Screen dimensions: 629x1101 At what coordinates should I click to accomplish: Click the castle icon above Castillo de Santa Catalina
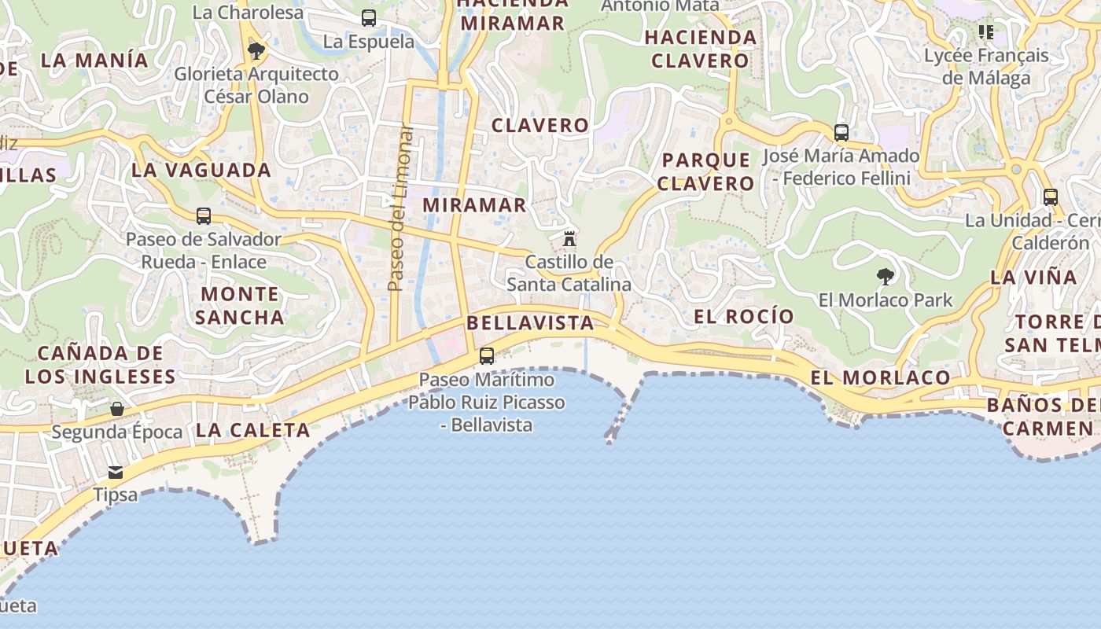tap(569, 238)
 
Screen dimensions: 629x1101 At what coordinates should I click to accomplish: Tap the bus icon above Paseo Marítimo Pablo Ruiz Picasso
tap(487, 356)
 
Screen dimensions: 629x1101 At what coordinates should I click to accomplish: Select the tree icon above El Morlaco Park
tap(886, 276)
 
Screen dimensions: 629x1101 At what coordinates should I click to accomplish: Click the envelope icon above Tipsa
tap(116, 472)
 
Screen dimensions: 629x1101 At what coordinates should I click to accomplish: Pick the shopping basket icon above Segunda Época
tap(117, 409)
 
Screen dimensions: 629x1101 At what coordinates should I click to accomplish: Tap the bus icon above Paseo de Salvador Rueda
tap(204, 215)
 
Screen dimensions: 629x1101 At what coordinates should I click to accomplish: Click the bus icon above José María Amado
tap(841, 132)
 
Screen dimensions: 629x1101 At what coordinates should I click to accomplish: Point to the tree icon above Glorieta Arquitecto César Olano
tap(256, 51)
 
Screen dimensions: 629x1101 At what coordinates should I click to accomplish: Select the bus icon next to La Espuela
tap(369, 18)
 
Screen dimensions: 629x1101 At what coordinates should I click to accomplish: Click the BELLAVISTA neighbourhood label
tap(530, 323)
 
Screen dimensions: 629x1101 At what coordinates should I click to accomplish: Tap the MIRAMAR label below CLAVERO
tap(474, 205)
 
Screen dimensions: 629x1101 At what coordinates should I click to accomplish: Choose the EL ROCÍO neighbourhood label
tap(744, 316)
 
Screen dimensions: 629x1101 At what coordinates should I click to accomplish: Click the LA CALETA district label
tap(252, 430)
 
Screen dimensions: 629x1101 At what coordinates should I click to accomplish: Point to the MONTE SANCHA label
tap(239, 306)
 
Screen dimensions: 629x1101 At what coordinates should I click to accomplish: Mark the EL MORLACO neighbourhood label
tap(880, 378)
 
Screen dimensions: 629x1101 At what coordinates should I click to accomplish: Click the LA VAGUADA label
tap(201, 170)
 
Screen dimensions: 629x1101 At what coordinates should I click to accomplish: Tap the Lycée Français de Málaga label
tap(986, 66)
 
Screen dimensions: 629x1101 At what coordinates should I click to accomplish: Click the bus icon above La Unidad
tap(1051, 197)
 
